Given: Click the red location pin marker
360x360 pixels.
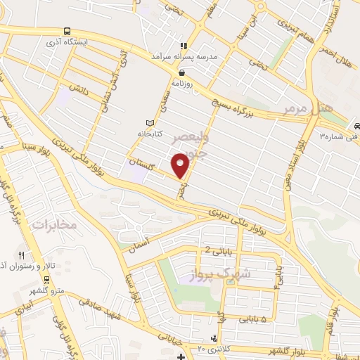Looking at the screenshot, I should (x=181, y=165).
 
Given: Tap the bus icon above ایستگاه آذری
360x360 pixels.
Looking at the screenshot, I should (x=66, y=31).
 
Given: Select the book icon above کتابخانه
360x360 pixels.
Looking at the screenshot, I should (x=148, y=121).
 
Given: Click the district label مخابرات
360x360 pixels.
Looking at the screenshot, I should (x=53, y=225).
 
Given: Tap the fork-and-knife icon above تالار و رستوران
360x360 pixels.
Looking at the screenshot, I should (x=22, y=256).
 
